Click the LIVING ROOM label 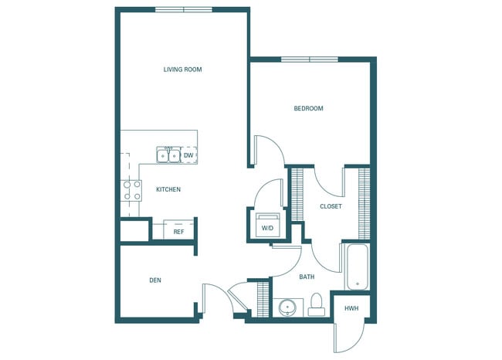182,70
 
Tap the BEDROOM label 308,109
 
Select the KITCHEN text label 168,189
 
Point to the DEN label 155,280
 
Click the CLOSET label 331,206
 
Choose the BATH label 307,277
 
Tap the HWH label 351,308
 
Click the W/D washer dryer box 267,226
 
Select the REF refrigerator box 178,230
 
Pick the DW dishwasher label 188,155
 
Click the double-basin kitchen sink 169,156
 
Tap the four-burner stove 132,190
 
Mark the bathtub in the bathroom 358,268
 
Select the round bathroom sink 288,307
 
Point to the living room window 183,9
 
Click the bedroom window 309,59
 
